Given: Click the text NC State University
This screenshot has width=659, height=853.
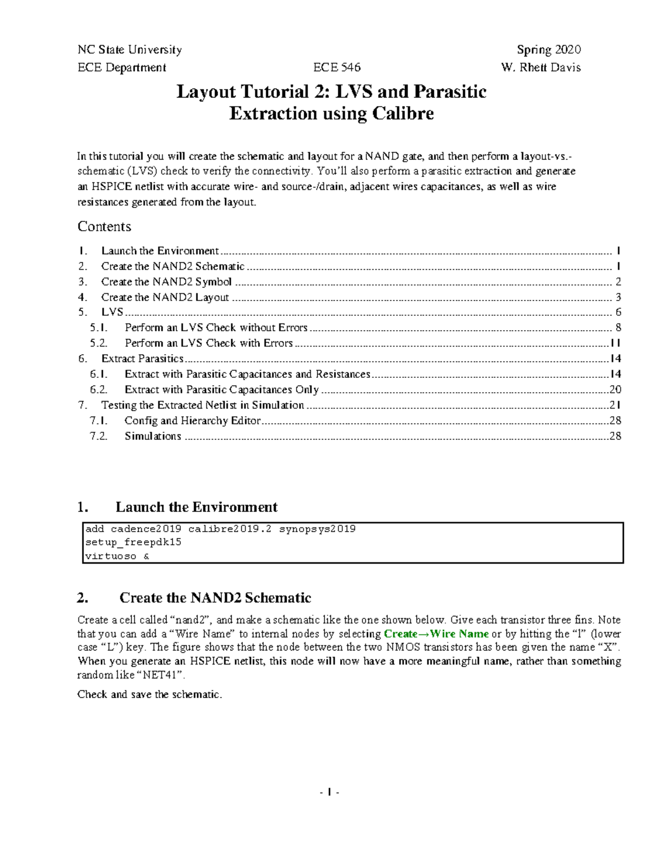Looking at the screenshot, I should [x=130, y=50].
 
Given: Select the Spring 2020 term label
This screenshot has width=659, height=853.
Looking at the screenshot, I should [x=549, y=50].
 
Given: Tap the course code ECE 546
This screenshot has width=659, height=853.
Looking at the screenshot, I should [x=337, y=68].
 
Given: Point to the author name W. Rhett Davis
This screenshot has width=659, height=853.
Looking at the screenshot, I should [x=541, y=68].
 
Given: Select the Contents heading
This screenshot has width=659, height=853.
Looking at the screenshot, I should [x=104, y=226].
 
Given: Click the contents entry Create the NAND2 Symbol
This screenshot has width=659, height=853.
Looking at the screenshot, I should [x=166, y=282].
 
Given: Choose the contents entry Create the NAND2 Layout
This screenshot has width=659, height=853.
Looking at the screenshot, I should [x=165, y=297].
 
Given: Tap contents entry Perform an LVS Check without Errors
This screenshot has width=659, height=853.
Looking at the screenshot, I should [x=216, y=328].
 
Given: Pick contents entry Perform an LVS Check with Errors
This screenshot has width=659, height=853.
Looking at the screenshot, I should [x=209, y=343].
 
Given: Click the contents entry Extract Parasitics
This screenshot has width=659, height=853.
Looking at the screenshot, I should [x=142, y=359].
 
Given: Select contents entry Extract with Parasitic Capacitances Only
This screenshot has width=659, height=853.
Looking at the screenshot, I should [x=221, y=389].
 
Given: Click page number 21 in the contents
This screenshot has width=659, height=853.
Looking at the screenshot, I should [x=615, y=405].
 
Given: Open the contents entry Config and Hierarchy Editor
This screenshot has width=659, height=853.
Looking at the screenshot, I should [x=192, y=421].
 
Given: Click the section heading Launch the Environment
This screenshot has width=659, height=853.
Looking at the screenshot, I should [x=196, y=506].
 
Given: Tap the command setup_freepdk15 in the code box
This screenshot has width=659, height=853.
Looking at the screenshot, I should [x=133, y=543].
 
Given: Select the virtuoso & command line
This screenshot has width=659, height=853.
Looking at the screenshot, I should [x=117, y=556].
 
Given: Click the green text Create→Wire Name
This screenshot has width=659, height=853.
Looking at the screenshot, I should [x=435, y=634].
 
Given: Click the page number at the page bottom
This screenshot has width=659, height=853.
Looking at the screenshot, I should [x=329, y=793].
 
